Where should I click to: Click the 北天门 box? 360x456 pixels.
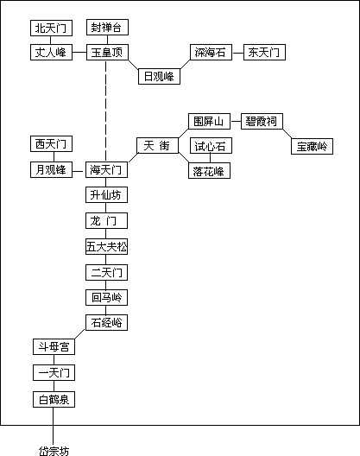51,28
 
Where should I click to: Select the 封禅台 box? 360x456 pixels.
107,28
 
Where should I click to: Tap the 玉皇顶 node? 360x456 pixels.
107,53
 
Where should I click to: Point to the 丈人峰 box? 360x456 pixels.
51,53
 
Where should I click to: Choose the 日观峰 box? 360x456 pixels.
159,77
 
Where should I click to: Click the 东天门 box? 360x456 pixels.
264,53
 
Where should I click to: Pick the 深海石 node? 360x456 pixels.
211,53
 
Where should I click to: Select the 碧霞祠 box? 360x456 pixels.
262,121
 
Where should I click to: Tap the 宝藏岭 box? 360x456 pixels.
312,146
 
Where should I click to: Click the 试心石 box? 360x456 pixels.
211,146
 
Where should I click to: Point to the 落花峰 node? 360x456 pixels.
210,171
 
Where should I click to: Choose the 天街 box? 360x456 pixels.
157,145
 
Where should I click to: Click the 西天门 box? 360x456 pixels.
51,143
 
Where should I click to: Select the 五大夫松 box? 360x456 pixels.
106,247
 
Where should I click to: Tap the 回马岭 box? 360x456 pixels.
106,297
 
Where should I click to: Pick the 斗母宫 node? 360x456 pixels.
54,346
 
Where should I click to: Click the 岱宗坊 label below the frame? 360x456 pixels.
54,451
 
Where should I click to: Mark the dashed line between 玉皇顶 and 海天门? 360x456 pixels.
106,111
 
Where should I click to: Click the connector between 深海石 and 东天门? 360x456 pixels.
238,53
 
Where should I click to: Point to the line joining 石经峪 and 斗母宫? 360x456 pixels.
79,334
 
